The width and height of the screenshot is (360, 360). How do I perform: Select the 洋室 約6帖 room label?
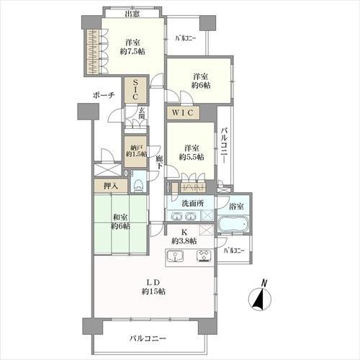pyautogui.click(x=201, y=80)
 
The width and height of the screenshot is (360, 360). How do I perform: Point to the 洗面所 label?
pyautogui.click(x=191, y=203)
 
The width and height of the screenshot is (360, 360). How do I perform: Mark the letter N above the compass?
pyautogui.click(x=264, y=282)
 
